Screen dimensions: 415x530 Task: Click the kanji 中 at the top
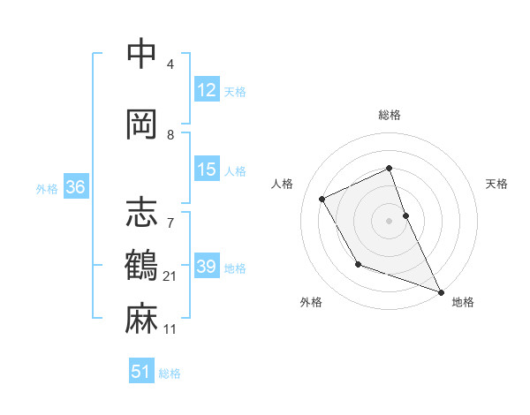tap(141, 54)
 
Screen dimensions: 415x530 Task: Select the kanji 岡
tap(141, 124)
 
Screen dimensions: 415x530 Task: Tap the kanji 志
tap(141, 211)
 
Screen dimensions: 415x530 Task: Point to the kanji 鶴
tap(141, 265)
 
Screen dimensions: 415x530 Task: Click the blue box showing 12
tap(207, 91)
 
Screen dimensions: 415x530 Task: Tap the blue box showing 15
tap(207, 170)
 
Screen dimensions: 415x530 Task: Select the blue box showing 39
tap(207, 268)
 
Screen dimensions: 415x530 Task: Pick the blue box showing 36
tap(75, 188)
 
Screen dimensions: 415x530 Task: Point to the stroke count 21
tap(170, 276)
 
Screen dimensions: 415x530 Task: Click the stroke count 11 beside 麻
tap(170, 329)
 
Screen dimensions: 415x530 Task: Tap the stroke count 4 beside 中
tap(170, 64)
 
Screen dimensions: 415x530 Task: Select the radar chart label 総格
tap(389, 115)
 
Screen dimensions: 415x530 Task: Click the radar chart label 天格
tap(497, 184)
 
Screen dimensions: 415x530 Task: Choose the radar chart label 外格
tap(311, 302)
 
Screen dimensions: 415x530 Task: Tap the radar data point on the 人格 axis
tap(322, 199)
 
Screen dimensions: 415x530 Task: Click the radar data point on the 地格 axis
tap(442, 292)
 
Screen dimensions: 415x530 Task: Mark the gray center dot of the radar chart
tap(389, 220)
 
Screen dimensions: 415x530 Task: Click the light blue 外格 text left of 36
tap(47, 189)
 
